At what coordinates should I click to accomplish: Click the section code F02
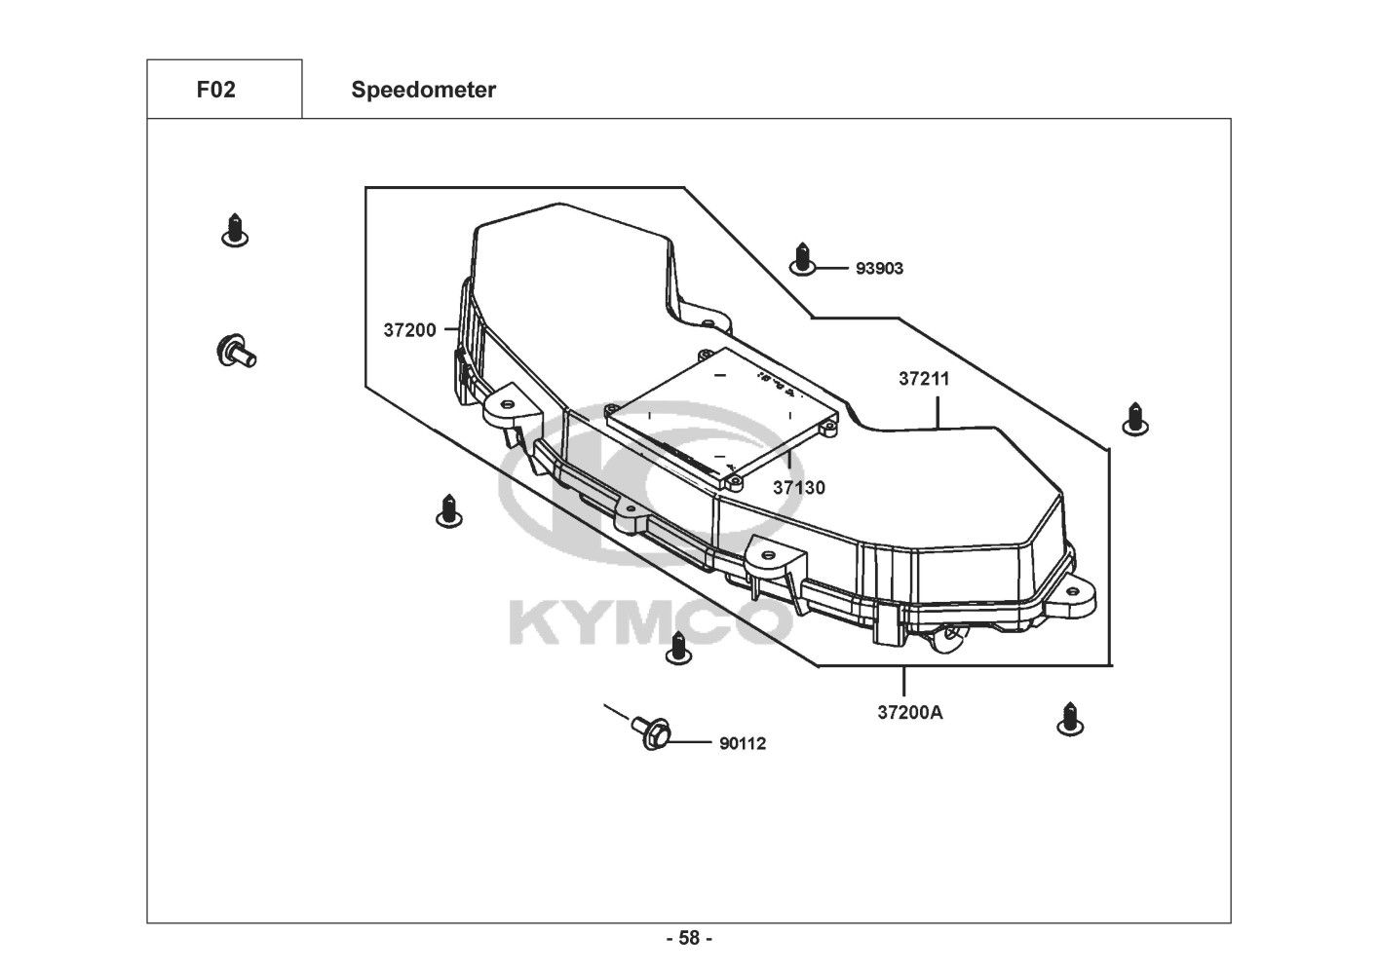[x=216, y=90]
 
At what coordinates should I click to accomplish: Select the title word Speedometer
[x=424, y=90]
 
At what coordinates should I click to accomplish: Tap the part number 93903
[x=880, y=268]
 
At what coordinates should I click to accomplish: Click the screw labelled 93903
[x=802, y=259]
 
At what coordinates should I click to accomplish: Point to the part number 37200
[x=409, y=330]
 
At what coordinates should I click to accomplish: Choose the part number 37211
[x=924, y=379]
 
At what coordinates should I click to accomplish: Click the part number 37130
[x=799, y=487]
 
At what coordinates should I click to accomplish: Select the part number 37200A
[x=910, y=713]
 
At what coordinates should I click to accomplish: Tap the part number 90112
[x=743, y=743]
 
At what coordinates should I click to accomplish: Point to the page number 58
[x=690, y=938]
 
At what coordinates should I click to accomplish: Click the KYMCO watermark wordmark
[x=650, y=624]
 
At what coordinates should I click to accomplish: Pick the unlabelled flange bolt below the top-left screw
[x=237, y=352]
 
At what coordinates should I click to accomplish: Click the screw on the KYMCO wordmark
[x=678, y=648]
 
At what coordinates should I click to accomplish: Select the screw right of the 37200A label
[x=1070, y=719]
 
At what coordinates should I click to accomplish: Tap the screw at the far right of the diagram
[x=1135, y=419]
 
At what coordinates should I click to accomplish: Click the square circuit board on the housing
[x=722, y=419]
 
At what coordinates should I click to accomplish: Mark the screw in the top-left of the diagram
[x=235, y=231]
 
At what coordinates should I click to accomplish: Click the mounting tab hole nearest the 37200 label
[x=507, y=404]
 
